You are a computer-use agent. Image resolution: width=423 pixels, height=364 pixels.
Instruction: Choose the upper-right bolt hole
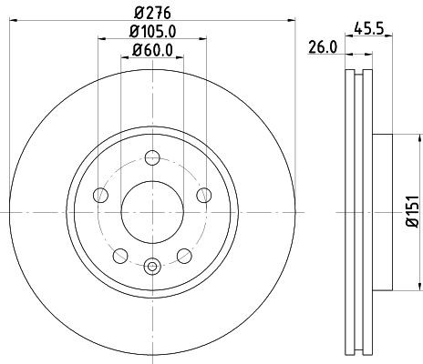(x=205, y=196)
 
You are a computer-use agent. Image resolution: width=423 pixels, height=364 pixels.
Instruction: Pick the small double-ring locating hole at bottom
(x=152, y=266)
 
